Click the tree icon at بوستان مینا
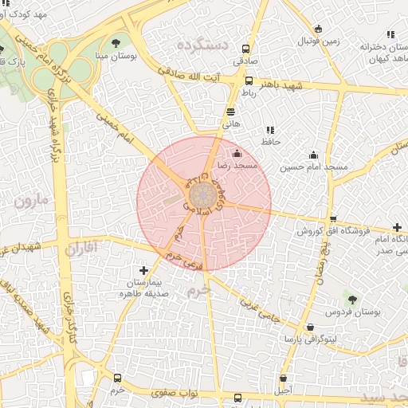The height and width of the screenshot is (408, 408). (x=117, y=43)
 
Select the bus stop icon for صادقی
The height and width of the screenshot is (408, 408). (x=245, y=48)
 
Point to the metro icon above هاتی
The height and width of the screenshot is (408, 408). (x=230, y=112)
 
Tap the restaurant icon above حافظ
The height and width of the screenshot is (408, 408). (x=270, y=130)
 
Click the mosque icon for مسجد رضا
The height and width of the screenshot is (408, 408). (x=236, y=153)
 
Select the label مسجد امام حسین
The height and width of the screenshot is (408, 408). (x=313, y=168)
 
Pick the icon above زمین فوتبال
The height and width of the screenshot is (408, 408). (x=320, y=29)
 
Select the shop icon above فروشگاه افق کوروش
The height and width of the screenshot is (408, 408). (x=332, y=219)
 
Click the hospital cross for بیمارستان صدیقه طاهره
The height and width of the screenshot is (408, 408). (x=143, y=271)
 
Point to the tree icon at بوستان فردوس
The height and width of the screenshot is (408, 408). (x=352, y=300)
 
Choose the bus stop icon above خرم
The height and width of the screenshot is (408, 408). (x=118, y=379)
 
